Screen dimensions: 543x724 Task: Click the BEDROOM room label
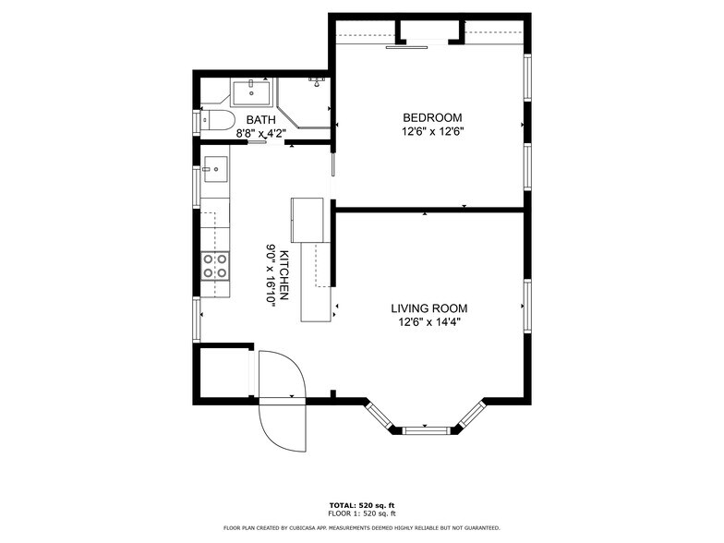pos(432,117)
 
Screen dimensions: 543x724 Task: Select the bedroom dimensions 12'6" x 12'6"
pos(432,131)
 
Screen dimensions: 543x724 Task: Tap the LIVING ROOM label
pos(428,308)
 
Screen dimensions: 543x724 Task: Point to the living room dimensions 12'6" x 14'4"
pos(428,322)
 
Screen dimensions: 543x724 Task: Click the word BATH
pos(259,120)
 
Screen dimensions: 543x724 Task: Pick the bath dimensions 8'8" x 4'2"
pos(260,133)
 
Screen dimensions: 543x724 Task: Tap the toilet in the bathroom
pos(217,120)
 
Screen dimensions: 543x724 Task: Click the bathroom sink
pos(251,92)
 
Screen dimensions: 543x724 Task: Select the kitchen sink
pos(214,168)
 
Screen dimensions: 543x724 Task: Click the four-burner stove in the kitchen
pos(216,267)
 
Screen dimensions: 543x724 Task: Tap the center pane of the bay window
pos(426,429)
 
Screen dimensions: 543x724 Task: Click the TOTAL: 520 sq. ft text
pos(362,505)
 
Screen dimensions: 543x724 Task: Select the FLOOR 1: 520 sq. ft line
pos(362,513)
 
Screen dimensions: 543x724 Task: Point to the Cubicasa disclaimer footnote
pos(362,528)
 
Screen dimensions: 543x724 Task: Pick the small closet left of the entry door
pos(223,373)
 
